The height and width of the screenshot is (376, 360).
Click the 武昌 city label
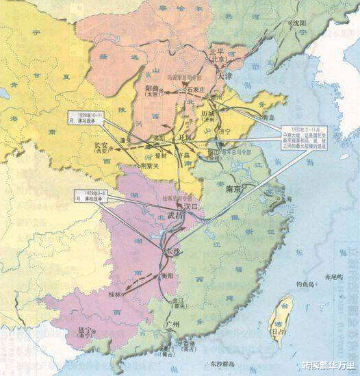click(x=175, y=215)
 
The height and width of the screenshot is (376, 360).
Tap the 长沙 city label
click(x=175, y=252)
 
